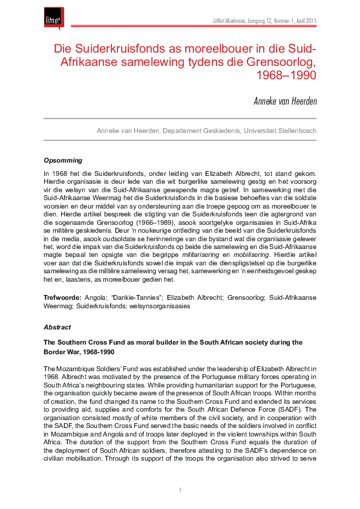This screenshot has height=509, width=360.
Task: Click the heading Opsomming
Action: (x=63, y=161)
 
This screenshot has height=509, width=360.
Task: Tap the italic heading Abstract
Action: (x=57, y=327)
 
